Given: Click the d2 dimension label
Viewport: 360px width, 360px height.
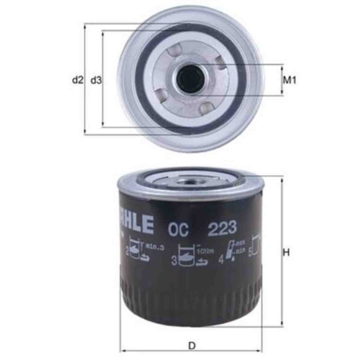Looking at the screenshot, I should click(x=77, y=80).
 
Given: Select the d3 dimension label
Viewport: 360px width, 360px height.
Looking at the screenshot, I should click(x=96, y=80).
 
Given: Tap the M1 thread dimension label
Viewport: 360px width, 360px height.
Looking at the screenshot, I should click(x=291, y=80).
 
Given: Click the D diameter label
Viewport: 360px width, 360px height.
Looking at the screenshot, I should click(x=191, y=346).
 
